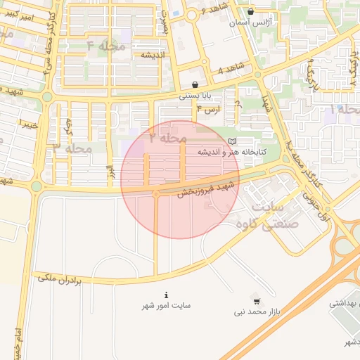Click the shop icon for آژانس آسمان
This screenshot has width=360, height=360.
252,11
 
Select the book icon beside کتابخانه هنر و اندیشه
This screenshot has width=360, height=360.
233,142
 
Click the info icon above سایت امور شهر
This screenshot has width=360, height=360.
166,295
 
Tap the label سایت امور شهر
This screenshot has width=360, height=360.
166,305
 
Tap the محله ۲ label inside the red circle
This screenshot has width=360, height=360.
167,139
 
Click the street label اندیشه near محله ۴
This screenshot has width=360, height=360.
153,55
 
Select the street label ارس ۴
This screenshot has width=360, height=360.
208,110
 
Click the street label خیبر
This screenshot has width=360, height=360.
27,124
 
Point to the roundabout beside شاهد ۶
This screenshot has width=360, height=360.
191,14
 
